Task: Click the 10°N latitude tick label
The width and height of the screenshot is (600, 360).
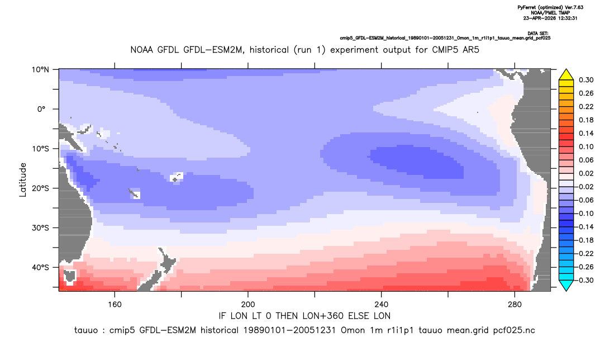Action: [x=40, y=70]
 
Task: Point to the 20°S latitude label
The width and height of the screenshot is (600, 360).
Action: [x=40, y=188]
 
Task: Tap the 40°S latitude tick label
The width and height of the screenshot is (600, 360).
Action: [x=40, y=267]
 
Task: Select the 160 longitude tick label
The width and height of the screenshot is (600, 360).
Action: [x=115, y=305]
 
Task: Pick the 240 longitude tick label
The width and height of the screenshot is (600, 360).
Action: [x=381, y=305]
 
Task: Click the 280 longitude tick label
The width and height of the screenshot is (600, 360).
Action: [x=515, y=305]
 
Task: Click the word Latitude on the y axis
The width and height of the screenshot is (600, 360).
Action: [x=23, y=180]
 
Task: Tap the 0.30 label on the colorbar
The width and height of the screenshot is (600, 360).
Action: [x=586, y=80]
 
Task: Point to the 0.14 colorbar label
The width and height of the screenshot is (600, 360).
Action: [x=586, y=133]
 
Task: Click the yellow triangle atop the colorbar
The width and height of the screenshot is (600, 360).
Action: [x=566, y=75]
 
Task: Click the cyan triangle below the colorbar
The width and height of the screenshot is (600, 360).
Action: [x=566, y=285]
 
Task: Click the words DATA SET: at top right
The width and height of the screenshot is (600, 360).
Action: [x=537, y=34]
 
